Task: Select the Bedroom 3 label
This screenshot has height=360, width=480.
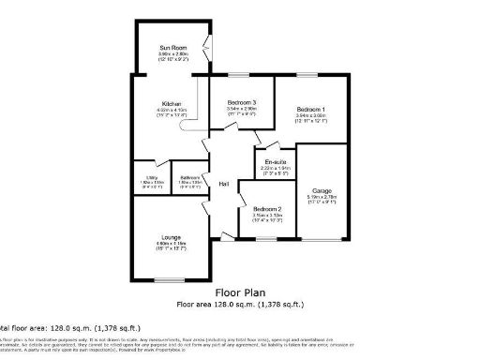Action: [x=241, y=101]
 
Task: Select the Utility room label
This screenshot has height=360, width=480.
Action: [x=151, y=176]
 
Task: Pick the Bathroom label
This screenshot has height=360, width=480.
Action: [x=190, y=176]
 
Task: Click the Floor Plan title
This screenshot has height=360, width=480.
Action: [x=239, y=292]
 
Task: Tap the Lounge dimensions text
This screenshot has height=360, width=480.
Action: [x=170, y=245]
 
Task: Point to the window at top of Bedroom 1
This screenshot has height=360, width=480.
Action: [x=308, y=74]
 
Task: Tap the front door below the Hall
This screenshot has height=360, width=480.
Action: [x=225, y=241]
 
